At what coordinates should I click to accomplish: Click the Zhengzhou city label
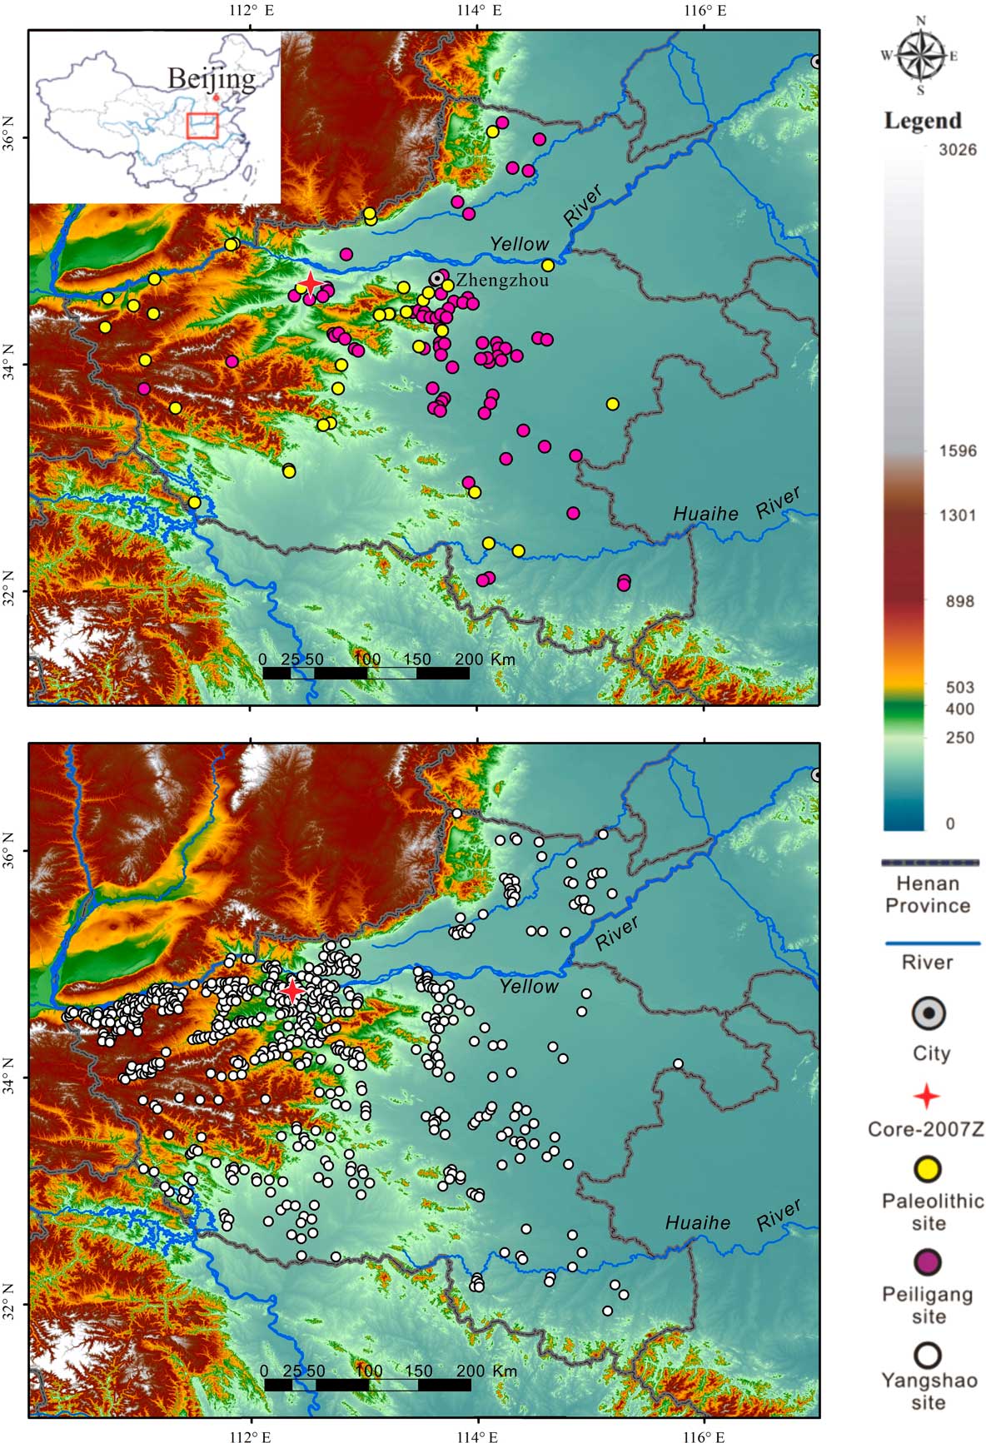[x=502, y=281]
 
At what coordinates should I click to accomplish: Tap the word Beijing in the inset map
[x=212, y=78]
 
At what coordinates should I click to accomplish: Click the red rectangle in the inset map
[x=202, y=126]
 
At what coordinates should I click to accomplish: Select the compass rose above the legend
[x=920, y=57]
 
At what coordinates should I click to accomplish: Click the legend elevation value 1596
[x=958, y=451]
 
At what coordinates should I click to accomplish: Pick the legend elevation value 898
[x=959, y=601]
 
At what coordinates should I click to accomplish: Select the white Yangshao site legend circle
[x=927, y=1355]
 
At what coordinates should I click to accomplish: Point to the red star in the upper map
[x=311, y=284]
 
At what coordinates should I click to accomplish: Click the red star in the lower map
[x=292, y=991]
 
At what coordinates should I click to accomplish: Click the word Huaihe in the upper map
[x=705, y=514]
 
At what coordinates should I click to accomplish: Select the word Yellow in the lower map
[x=529, y=987]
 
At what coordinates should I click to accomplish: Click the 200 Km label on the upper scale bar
[x=486, y=659]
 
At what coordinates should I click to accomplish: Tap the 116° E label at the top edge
[x=705, y=11]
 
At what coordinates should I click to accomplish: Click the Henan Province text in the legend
[x=928, y=894]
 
